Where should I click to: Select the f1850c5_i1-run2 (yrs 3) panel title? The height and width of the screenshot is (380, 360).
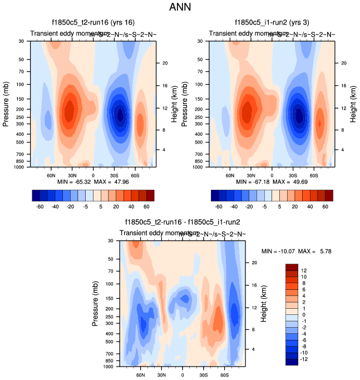pos(271,23)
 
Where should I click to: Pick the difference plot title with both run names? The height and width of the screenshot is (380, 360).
pos(183,223)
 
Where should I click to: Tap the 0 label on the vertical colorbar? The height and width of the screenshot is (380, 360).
pos(303,315)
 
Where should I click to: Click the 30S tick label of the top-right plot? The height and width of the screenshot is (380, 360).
pos(294,175)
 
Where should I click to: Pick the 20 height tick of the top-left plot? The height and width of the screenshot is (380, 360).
pos(165,63)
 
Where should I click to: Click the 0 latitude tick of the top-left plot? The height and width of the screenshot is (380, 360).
pos(93,175)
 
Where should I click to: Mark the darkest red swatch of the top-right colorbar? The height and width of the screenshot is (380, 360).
pos(329,195)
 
